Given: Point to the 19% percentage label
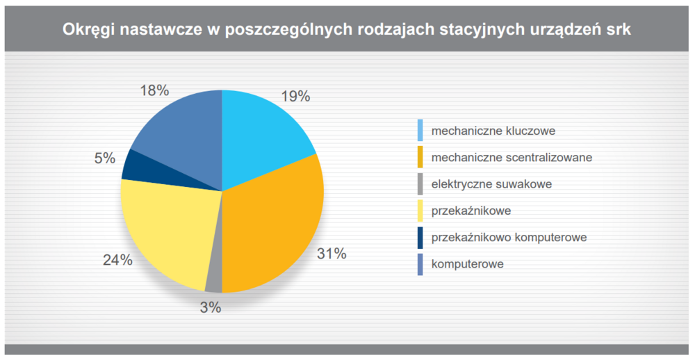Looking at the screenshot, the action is pyautogui.click(x=295, y=96).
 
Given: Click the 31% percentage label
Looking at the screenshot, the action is pyautogui.click(x=331, y=254).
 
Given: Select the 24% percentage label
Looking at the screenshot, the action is pyautogui.click(x=117, y=260).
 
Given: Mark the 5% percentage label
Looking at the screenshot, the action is pyautogui.click(x=105, y=158).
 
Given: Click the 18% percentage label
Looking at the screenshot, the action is pyautogui.click(x=154, y=90).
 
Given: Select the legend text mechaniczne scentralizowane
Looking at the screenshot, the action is pyautogui.click(x=512, y=157).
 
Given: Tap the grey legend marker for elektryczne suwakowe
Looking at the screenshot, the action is pyautogui.click(x=420, y=183).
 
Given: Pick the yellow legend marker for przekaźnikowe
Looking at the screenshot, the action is pyautogui.click(x=420, y=210).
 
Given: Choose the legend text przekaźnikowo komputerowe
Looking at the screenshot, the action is pyautogui.click(x=509, y=238).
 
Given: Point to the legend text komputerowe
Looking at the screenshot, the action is pyautogui.click(x=468, y=264).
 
